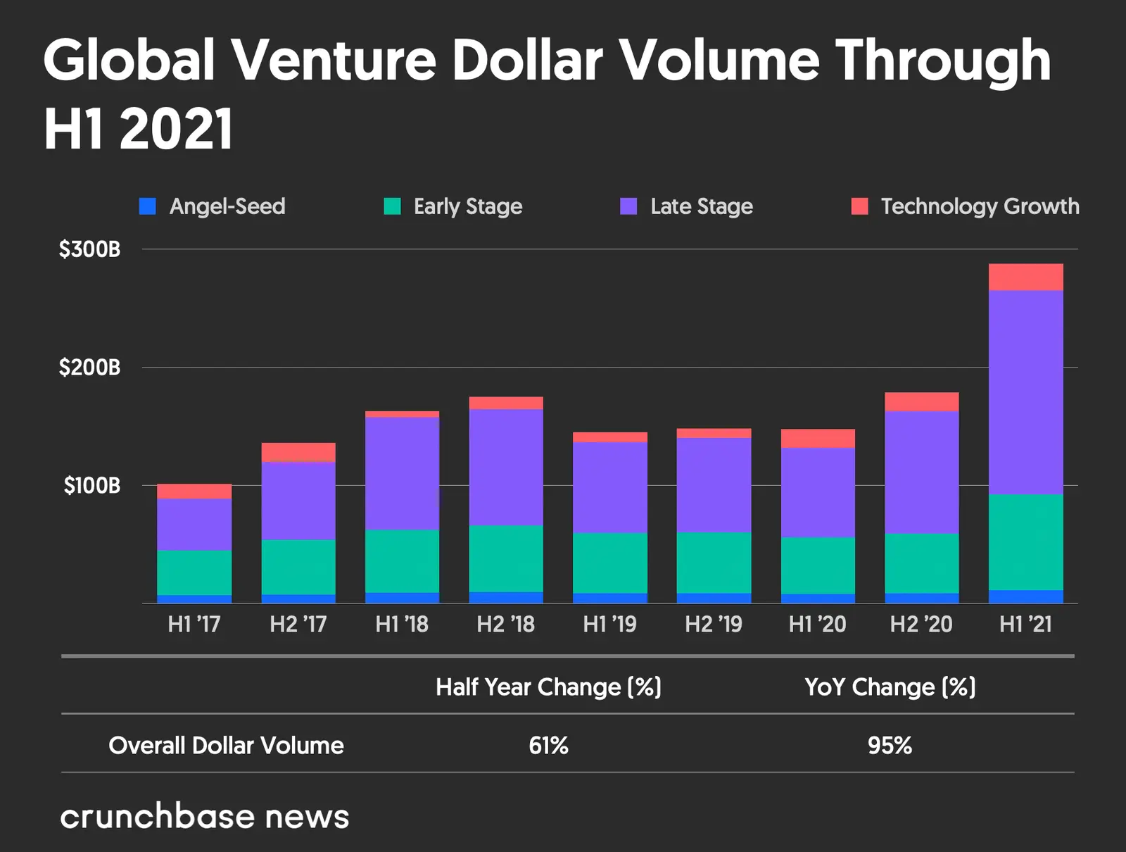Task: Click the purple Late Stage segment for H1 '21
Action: (x=1025, y=391)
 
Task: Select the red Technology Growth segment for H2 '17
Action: (x=298, y=452)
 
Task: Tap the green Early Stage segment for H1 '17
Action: (x=194, y=572)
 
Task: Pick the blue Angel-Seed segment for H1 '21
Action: (x=1025, y=596)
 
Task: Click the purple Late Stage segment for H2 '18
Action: (x=506, y=467)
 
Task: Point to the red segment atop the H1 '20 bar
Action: (x=818, y=438)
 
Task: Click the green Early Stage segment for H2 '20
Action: (x=921, y=563)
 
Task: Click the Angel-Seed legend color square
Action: (x=148, y=206)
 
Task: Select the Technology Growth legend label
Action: (x=980, y=206)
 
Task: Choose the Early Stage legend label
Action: (x=468, y=206)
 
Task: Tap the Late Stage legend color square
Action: (x=628, y=206)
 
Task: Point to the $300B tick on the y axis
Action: (x=90, y=249)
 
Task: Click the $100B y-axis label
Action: (x=92, y=486)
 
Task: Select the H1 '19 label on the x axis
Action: (x=609, y=624)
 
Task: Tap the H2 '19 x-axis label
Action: (x=714, y=624)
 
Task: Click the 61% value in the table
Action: (x=548, y=745)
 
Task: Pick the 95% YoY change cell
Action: (x=890, y=745)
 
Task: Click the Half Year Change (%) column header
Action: (x=548, y=687)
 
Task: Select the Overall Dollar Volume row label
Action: (x=226, y=745)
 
